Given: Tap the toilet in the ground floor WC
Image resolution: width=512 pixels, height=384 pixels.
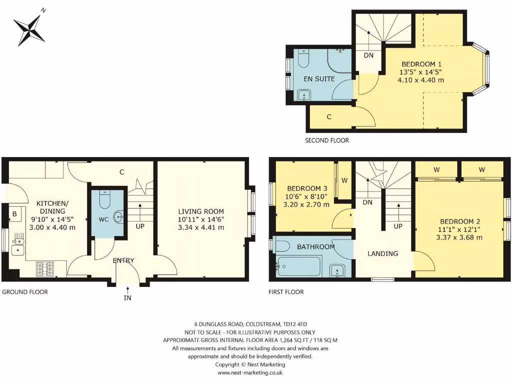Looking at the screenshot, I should point(104,200).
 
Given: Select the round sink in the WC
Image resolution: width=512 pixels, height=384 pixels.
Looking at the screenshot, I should point(118,216).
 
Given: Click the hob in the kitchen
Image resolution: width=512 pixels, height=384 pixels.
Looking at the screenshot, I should point(45,269).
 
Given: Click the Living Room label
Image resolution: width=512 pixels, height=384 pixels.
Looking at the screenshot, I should point(201,211).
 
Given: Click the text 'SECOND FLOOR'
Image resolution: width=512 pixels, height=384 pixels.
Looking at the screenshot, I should point(327,141).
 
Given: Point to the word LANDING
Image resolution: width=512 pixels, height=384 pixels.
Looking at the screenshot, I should point(382,253).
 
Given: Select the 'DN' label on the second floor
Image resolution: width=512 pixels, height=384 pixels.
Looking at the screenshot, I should point(368,55).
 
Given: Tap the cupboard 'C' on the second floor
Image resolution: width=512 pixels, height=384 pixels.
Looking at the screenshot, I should point(329,116).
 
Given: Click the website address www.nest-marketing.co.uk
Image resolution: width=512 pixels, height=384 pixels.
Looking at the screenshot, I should point(250,372).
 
